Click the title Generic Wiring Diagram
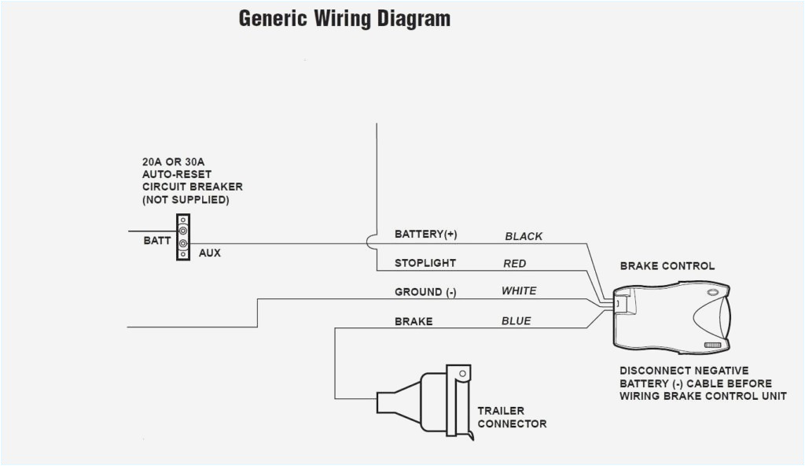(x=344, y=19)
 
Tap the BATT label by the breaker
(x=156, y=241)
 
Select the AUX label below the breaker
(x=209, y=253)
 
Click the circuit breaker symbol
(x=182, y=237)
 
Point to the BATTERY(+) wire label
(x=425, y=235)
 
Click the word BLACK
(x=524, y=236)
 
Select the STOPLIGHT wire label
(x=425, y=263)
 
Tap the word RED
(x=514, y=264)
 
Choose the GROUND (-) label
(x=425, y=292)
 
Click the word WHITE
(x=519, y=291)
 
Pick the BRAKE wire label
(x=414, y=321)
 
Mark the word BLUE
(x=516, y=321)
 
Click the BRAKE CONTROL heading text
(x=667, y=266)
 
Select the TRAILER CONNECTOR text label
(x=511, y=417)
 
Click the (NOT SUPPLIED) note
(x=186, y=200)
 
